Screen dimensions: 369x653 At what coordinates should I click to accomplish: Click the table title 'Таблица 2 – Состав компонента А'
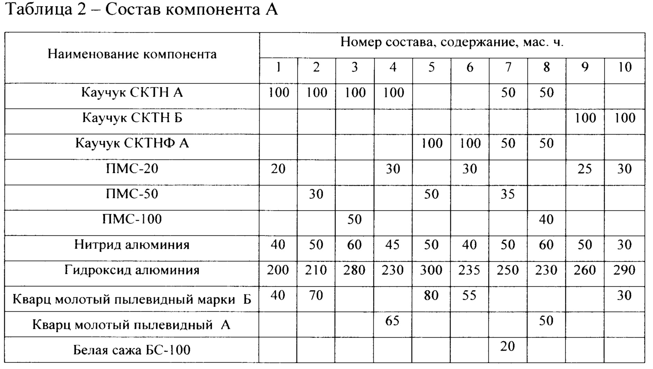pyautogui.click(x=142, y=10)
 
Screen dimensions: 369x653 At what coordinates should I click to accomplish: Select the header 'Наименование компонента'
pyautogui.click(x=132, y=54)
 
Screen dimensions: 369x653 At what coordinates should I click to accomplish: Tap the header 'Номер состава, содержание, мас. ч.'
pyautogui.click(x=452, y=42)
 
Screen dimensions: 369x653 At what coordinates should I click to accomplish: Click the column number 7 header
pyautogui.click(x=508, y=67)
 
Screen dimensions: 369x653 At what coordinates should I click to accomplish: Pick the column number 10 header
pyautogui.click(x=625, y=67)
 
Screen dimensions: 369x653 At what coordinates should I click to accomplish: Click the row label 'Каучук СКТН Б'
pyautogui.click(x=132, y=118)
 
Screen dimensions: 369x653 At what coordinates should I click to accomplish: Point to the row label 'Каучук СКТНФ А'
pyautogui.click(x=132, y=143)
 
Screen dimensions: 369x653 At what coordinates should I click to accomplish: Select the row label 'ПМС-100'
pyautogui.click(x=132, y=219)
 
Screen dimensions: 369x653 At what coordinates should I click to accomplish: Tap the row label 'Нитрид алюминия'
pyautogui.click(x=132, y=245)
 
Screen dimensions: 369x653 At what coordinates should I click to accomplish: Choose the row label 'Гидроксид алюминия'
pyautogui.click(x=132, y=270)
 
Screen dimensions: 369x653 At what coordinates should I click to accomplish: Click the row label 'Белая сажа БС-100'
pyautogui.click(x=132, y=350)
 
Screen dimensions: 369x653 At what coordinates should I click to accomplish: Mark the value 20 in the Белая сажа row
pyautogui.click(x=507, y=346)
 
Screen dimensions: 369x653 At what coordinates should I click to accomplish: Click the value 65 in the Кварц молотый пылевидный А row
pyautogui.click(x=392, y=321)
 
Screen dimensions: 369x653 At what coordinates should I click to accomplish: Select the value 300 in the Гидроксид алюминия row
pyautogui.click(x=431, y=270)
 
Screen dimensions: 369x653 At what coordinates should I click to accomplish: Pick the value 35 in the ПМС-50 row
pyautogui.click(x=507, y=194)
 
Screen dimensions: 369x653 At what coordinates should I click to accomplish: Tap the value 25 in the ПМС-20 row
pyautogui.click(x=585, y=169)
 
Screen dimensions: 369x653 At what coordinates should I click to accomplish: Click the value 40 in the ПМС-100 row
pyautogui.click(x=546, y=219)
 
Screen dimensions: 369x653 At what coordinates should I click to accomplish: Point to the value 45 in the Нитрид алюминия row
pyautogui.click(x=393, y=245)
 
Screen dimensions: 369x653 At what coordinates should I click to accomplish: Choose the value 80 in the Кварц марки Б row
pyautogui.click(x=431, y=295)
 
